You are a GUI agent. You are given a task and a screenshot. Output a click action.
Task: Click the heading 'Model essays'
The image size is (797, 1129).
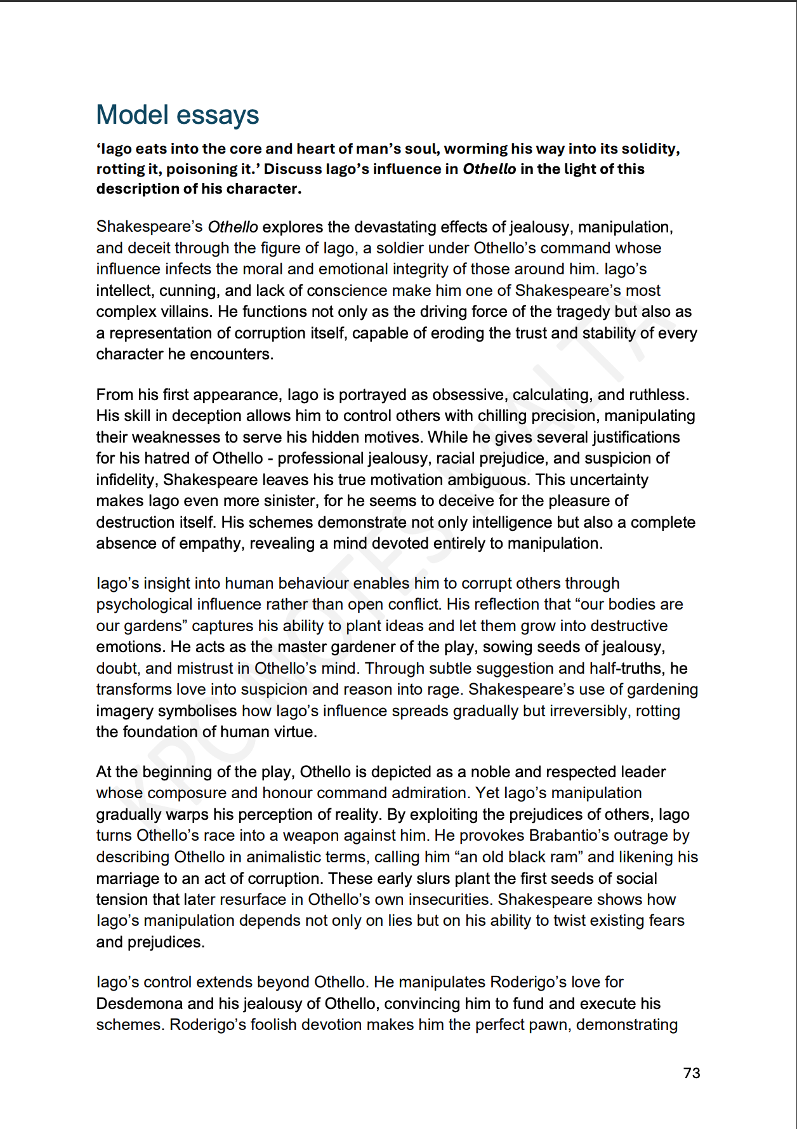tap(177, 115)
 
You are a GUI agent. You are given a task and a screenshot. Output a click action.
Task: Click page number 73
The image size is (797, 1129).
tap(691, 1072)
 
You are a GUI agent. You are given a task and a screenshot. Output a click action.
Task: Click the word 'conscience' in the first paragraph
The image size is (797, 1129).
tap(346, 290)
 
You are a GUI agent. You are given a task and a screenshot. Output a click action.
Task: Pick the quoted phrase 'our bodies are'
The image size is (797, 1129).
tap(632, 604)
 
